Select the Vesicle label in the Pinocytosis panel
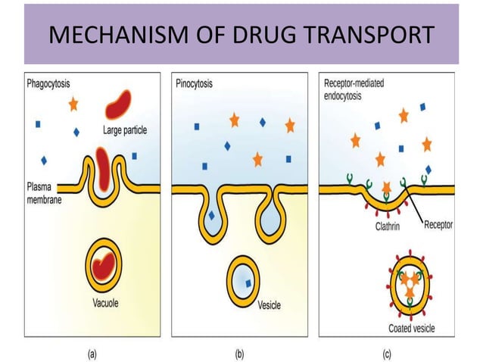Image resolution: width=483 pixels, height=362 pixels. (x=269, y=306)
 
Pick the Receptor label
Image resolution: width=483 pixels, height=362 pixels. (x=438, y=225)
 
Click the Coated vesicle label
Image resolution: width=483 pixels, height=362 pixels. (x=410, y=328)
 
